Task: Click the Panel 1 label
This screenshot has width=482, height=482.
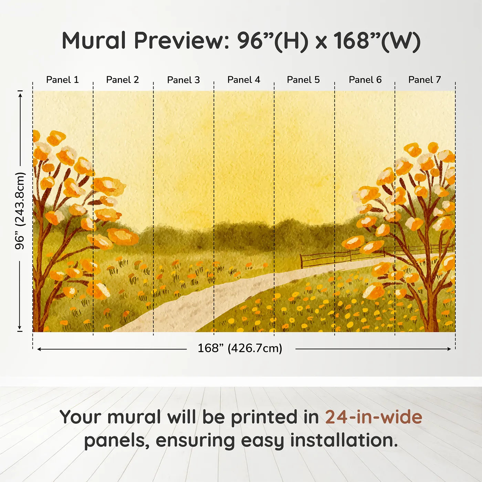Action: pyautogui.click(x=62, y=80)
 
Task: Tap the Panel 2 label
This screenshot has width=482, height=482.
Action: pyautogui.click(x=122, y=80)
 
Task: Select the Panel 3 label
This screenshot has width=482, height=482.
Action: pyautogui.click(x=183, y=80)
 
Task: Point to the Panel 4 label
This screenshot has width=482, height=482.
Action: pyautogui.click(x=243, y=80)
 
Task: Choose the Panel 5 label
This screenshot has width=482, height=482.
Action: pyautogui.click(x=303, y=80)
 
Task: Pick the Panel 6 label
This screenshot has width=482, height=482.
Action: pyautogui.click(x=365, y=80)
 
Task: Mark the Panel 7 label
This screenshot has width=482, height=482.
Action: pyautogui.click(x=424, y=80)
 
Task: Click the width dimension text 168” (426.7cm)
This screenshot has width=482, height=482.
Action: pyautogui.click(x=240, y=348)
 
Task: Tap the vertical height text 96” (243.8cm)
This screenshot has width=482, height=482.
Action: pyautogui.click(x=20, y=211)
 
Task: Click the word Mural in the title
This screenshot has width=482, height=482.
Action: pyautogui.click(x=94, y=41)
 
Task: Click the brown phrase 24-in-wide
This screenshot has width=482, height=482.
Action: pyautogui.click(x=374, y=417)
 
